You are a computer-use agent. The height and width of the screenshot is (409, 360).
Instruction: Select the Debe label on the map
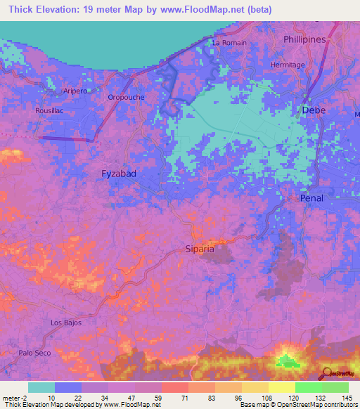(314, 110)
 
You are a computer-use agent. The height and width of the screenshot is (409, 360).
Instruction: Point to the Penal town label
(311, 198)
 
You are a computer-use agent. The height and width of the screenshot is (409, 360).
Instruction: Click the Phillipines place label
(304, 40)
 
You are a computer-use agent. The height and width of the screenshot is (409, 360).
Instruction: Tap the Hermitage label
(288, 65)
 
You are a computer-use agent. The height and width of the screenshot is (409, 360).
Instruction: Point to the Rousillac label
(49, 110)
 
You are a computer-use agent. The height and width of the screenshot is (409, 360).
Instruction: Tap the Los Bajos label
(66, 323)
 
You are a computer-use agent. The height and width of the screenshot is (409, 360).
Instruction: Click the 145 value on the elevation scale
(346, 397)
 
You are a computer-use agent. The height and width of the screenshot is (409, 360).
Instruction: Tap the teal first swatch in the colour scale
(41, 387)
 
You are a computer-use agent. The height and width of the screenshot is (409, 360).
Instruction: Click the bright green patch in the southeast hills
(286, 361)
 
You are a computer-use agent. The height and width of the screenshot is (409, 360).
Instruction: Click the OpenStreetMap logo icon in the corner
(328, 373)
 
